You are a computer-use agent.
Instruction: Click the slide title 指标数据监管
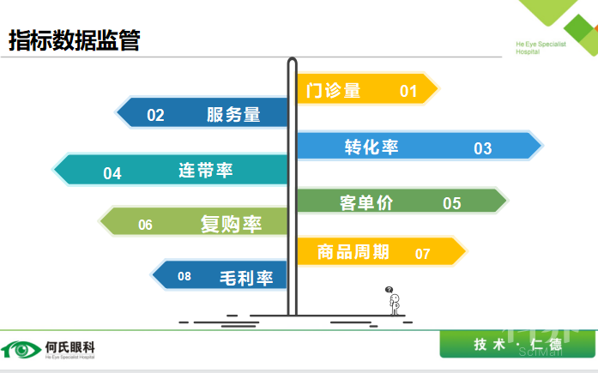(75, 40)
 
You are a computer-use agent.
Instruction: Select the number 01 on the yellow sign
(408, 91)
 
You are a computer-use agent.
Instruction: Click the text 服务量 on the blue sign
(233, 115)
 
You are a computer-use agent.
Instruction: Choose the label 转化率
(371, 147)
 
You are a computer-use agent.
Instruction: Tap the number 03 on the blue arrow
(483, 148)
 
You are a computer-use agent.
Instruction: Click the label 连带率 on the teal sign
(206, 170)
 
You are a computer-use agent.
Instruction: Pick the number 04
(112, 173)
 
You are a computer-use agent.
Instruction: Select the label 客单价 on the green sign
(366, 202)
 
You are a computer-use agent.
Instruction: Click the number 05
(452, 203)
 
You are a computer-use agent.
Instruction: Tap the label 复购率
(231, 225)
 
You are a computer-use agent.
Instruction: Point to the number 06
(145, 226)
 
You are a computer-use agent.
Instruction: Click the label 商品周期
(353, 252)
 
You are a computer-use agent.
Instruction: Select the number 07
(422, 254)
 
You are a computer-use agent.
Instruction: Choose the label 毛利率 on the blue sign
(245, 278)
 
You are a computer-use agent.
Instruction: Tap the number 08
(184, 276)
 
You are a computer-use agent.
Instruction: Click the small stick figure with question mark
(393, 301)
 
